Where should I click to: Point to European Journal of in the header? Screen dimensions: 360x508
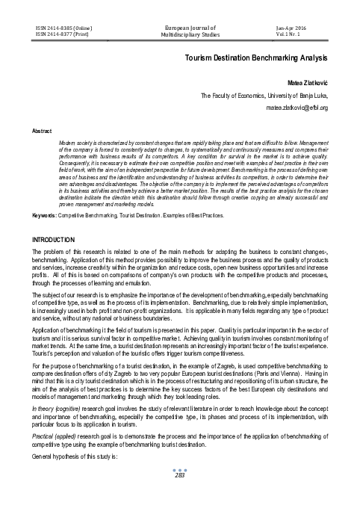[179, 26]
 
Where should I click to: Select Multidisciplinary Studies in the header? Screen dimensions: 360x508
[179, 34]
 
